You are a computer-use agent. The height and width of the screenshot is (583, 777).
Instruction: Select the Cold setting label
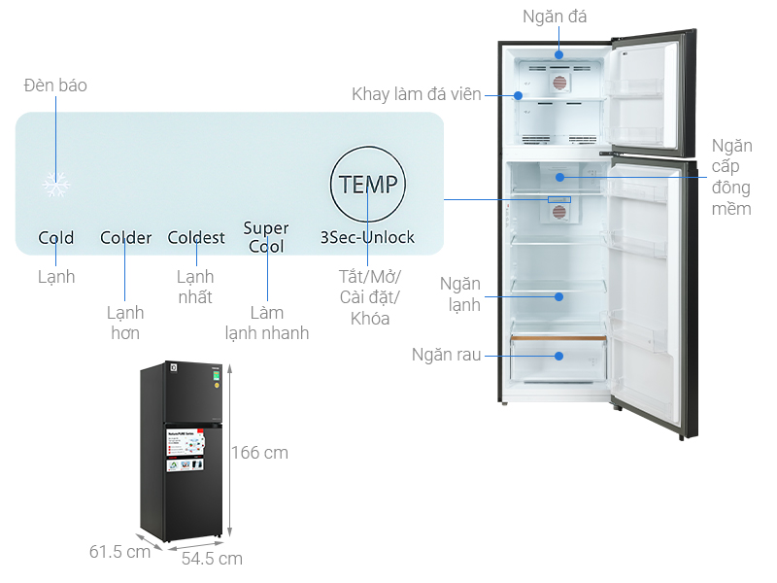[55, 237]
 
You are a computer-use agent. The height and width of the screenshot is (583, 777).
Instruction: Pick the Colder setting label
[125, 237]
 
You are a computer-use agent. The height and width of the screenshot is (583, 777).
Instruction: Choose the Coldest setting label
[196, 237]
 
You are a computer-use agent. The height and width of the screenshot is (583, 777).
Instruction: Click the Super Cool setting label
[266, 237]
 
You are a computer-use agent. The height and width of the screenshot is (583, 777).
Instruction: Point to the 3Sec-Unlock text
[368, 237]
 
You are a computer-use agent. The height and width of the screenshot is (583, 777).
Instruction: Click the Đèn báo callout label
[55, 86]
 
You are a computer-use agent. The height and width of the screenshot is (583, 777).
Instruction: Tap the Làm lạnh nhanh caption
[266, 323]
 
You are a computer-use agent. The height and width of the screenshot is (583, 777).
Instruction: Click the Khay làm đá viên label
[417, 94]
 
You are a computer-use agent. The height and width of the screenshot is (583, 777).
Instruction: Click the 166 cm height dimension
[259, 453]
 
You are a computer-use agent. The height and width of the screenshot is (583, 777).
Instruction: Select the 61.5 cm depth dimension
[119, 552]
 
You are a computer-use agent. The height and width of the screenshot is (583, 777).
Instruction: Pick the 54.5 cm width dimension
[212, 558]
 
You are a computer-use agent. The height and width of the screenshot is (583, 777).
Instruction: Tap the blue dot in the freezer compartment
[560, 55]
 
